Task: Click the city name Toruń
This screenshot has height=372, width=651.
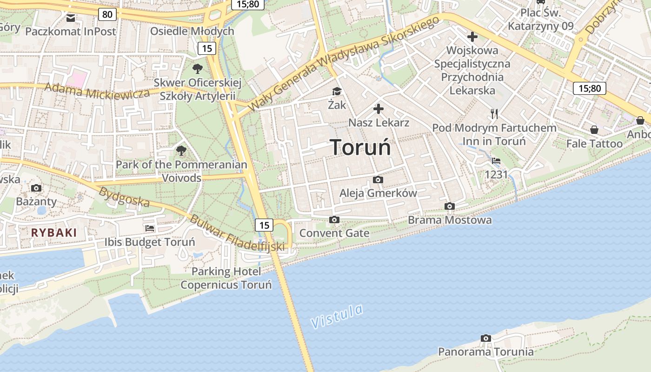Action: [x=360, y=147]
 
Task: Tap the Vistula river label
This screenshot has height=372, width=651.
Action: [x=337, y=316]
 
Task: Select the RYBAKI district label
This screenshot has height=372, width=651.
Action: [x=54, y=232]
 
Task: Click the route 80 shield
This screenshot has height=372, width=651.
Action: [x=107, y=14]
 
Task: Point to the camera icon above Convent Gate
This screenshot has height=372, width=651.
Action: [x=334, y=219]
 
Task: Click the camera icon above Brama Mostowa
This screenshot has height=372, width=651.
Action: [x=449, y=206]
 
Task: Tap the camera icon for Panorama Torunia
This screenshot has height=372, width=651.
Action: [x=486, y=338]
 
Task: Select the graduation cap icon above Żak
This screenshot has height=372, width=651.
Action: [x=337, y=92]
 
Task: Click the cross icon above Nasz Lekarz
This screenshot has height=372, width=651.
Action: [x=379, y=109]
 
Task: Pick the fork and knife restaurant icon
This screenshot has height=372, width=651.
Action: [x=494, y=113]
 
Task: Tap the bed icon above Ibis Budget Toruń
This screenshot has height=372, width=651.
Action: [x=149, y=228]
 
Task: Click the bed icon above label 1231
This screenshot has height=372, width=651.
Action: [x=496, y=161]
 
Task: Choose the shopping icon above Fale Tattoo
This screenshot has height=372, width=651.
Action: [x=594, y=130]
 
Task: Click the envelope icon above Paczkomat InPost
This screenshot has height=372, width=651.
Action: [x=71, y=18]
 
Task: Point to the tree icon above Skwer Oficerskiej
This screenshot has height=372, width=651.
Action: [x=198, y=69]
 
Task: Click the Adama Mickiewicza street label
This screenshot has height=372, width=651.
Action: [x=97, y=91]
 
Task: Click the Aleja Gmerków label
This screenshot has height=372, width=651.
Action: [x=378, y=193]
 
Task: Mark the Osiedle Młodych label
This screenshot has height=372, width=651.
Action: [x=192, y=31]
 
